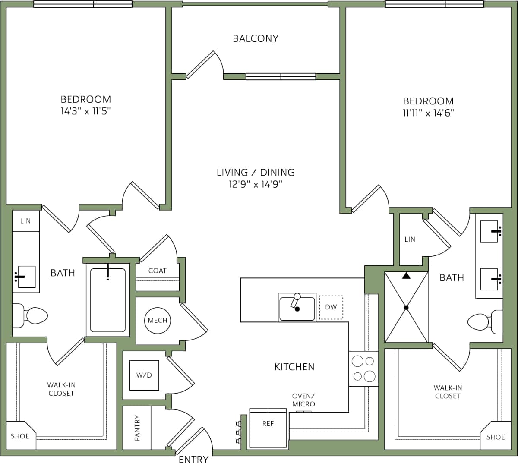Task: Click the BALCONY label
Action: click(x=256, y=38)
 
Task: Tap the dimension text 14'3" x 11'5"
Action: click(x=86, y=111)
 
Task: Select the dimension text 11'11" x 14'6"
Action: click(x=428, y=113)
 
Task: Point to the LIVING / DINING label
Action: click(x=256, y=172)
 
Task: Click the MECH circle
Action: click(x=158, y=320)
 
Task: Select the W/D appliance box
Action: click(x=144, y=375)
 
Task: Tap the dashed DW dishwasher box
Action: click(x=331, y=307)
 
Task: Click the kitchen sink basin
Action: click(x=297, y=309)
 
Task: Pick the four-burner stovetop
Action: click(x=363, y=369)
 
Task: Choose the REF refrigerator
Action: click(x=268, y=428)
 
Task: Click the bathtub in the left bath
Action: click(x=108, y=300)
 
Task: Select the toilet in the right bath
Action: click(x=484, y=321)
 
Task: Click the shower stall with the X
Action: click(x=406, y=307)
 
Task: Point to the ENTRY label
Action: click(x=193, y=459)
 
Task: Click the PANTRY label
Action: click(x=137, y=428)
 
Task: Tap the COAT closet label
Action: click(x=157, y=271)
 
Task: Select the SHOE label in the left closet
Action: click(x=20, y=436)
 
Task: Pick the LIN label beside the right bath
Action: click(x=410, y=239)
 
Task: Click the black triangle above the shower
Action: click(x=406, y=275)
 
